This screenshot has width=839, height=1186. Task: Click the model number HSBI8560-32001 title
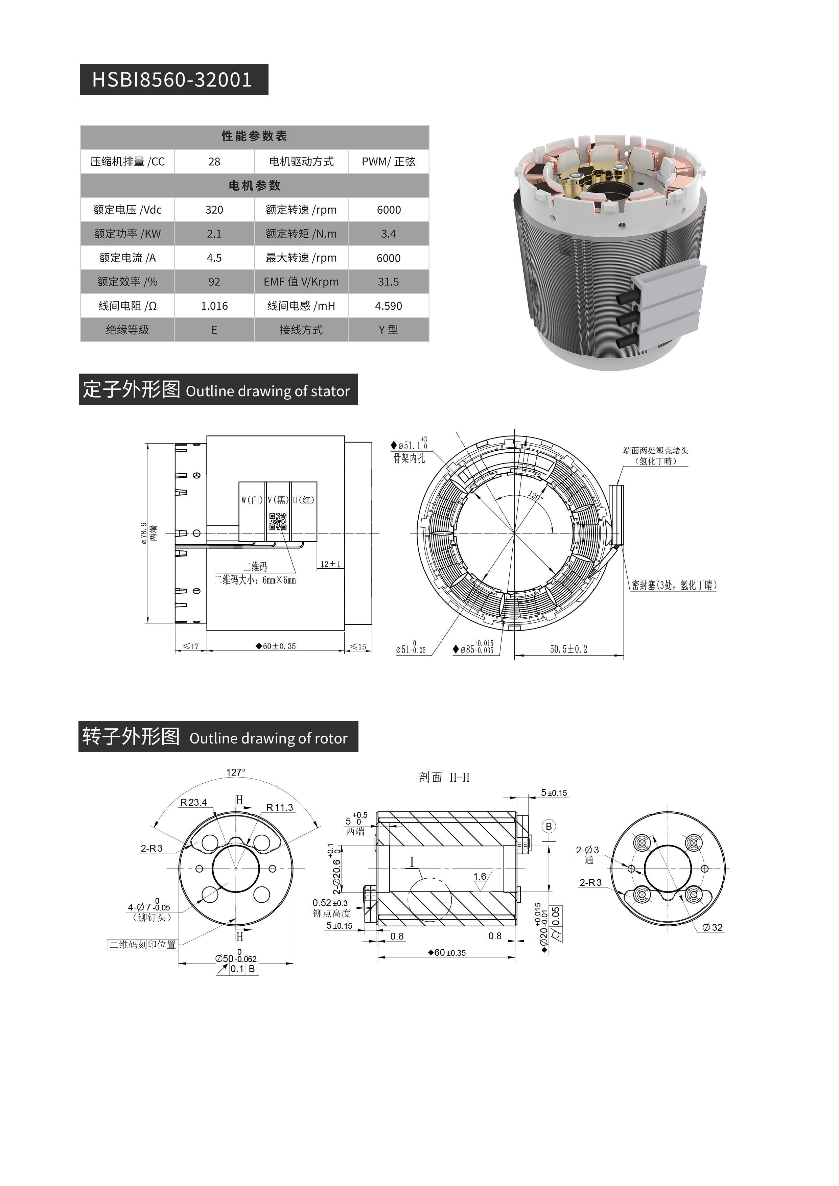click(172, 79)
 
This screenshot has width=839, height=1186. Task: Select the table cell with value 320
click(214, 210)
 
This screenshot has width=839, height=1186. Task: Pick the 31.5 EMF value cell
click(389, 282)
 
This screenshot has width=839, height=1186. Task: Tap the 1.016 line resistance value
click(214, 306)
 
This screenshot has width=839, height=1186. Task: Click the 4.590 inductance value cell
click(389, 306)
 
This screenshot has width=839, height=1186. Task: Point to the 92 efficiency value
click(214, 282)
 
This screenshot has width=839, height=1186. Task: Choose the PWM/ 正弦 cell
click(389, 162)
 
